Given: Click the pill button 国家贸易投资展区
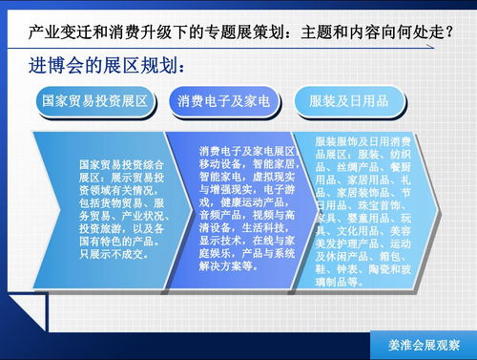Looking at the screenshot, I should (x=94, y=99).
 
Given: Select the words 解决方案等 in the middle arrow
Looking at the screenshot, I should (x=230, y=266).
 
